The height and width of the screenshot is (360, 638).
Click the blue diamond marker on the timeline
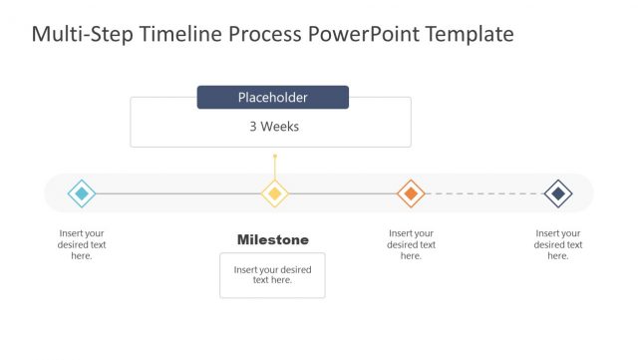(82, 192)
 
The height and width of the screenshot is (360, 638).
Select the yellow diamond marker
(275, 192)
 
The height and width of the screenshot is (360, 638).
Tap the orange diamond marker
(411, 192)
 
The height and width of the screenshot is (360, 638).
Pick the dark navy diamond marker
(558, 192)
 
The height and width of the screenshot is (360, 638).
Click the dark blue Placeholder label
(272, 98)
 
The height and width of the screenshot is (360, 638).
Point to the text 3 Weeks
(274, 127)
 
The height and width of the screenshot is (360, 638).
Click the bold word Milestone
(272, 239)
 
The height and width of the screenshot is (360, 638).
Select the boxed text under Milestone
(272, 275)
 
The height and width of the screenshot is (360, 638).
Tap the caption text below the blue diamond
(82, 244)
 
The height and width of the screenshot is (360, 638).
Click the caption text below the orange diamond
(411, 244)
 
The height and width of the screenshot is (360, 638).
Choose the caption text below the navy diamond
(558, 244)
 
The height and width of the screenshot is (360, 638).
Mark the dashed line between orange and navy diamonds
(484, 193)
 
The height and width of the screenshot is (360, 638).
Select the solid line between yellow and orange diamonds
(343, 193)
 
